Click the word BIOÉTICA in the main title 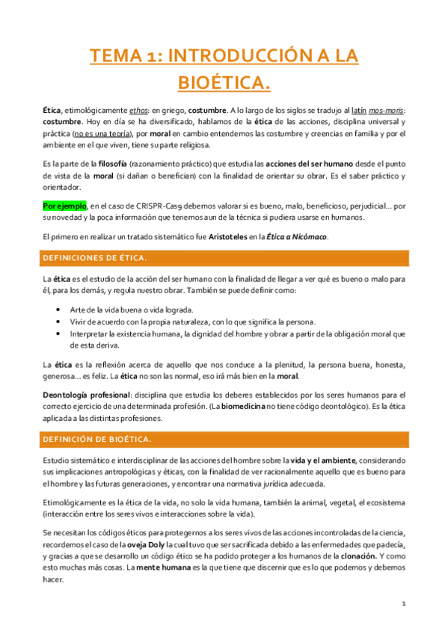pos(223,80)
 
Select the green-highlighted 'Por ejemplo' pos(64,205)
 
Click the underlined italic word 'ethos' pos(130,109)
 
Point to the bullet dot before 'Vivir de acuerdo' pos(59,321)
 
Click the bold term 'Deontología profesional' pos(86,394)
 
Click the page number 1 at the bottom pos(403,603)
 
